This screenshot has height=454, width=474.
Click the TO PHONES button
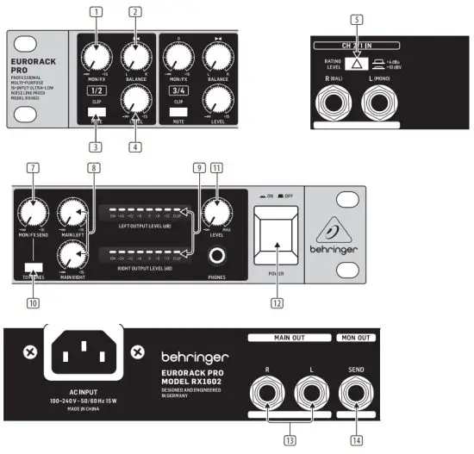[x=34, y=268]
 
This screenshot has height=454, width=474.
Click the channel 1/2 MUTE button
[x=97, y=112]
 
